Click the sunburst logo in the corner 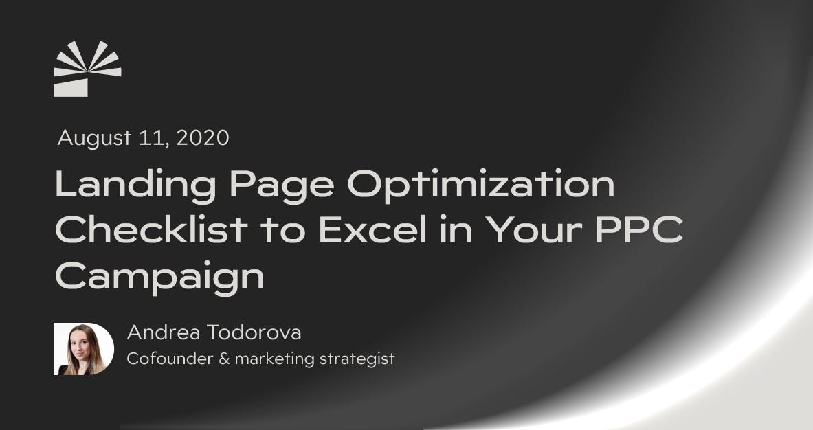[87, 69]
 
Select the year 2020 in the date [203, 139]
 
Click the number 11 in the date [155, 139]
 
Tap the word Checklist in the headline [151, 231]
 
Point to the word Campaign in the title [159, 278]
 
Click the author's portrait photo [84, 349]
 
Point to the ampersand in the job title [223, 359]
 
